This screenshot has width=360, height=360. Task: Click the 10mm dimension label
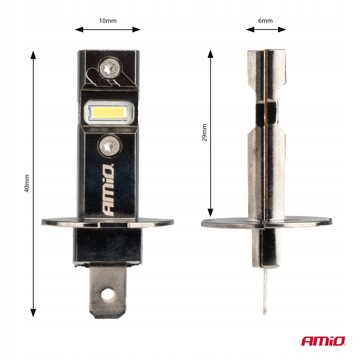click(108, 21)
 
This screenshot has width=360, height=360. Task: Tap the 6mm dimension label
click(265, 21)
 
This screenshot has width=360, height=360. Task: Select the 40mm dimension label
click(26, 183)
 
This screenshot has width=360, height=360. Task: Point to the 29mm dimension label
click(204, 132)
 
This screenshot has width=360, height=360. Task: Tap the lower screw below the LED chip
click(109, 145)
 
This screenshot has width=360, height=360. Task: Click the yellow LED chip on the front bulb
click(107, 112)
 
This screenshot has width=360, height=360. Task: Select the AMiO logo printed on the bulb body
click(109, 189)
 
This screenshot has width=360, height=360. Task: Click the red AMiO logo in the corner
click(323, 341)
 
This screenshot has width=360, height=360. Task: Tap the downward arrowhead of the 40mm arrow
click(33, 313)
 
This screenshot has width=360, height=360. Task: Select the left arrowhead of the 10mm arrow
click(78, 29)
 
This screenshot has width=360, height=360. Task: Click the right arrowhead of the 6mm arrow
click(283, 29)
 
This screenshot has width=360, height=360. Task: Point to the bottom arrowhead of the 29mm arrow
click(211, 213)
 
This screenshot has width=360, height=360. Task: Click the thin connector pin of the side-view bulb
click(265, 291)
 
